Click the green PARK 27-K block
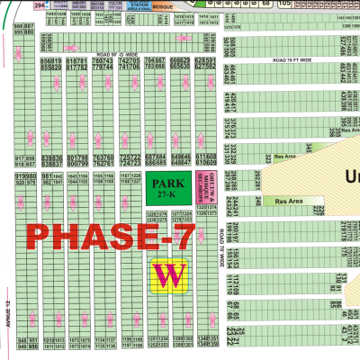163,189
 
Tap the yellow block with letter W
168,275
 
